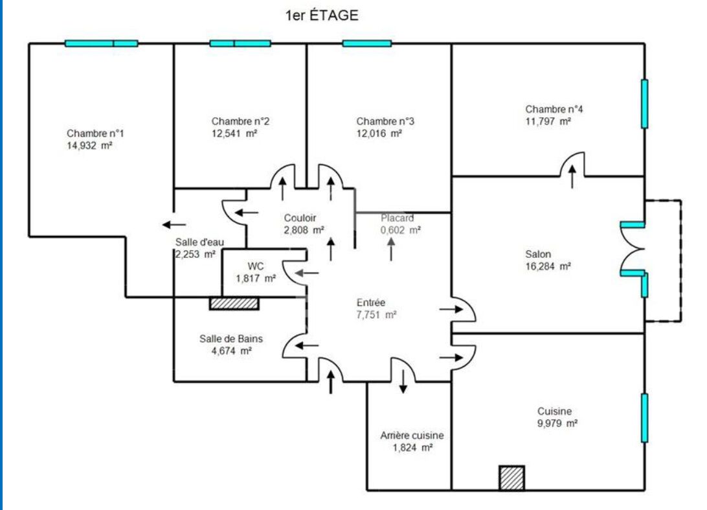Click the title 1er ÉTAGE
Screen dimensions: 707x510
[x=322, y=15]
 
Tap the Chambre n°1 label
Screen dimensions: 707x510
[x=95, y=133]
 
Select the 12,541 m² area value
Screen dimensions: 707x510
[x=234, y=133]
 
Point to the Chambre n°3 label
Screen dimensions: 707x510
[x=385, y=121]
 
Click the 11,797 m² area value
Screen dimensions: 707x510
[x=548, y=121]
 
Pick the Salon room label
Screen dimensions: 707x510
[x=538, y=254]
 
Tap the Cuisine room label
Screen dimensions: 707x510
[x=555, y=411]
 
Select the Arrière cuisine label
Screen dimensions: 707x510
[x=412, y=435]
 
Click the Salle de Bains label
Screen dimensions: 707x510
[x=231, y=338]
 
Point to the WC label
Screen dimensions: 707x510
[x=256, y=266]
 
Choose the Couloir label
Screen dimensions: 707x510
[x=300, y=218]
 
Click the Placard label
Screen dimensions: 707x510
[x=398, y=218]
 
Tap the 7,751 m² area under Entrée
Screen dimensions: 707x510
[x=377, y=315]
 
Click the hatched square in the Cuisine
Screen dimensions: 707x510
[x=511, y=478]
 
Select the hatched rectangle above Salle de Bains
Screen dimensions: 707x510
[x=234, y=303]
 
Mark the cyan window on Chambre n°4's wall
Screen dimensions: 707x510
[x=645, y=104]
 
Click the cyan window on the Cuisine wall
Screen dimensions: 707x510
[x=645, y=418]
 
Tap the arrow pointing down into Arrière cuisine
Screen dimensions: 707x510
[x=403, y=382]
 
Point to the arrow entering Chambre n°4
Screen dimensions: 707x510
[x=572, y=176]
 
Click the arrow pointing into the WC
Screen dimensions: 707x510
[x=307, y=273]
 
